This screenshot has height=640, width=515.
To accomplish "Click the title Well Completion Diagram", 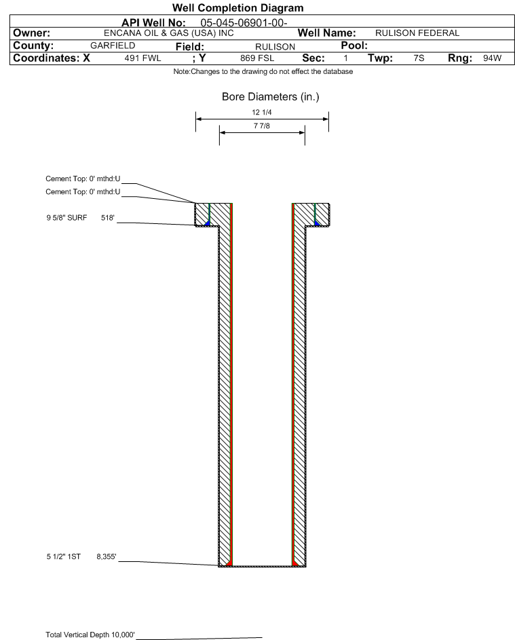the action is point(237,7).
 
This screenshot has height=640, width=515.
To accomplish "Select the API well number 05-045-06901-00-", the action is point(244,23).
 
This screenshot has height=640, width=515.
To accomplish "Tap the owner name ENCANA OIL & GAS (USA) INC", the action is point(169,33).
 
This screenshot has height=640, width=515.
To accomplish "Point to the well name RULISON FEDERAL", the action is point(417,33).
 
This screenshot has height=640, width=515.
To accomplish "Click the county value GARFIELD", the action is point(113,45).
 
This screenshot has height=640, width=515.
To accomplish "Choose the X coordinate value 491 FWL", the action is point(142,58).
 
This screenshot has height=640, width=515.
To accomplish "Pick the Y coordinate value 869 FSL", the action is point(257,58).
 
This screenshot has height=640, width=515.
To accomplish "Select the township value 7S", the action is point(419,58).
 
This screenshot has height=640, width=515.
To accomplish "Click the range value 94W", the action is point(492,58).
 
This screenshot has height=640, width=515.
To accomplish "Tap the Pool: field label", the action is point(354,45).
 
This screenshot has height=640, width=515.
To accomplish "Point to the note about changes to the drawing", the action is point(263,71).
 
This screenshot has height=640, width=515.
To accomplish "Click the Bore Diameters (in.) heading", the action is point(271,97).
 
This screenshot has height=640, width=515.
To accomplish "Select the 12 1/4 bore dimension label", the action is point(262,112).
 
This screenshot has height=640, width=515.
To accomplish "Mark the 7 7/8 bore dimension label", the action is point(262,126).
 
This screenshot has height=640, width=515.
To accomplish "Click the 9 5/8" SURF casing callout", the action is point(66,218).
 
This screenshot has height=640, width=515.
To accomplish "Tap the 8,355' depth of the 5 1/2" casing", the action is point(107,557).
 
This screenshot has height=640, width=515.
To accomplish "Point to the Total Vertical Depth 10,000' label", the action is point(90,635).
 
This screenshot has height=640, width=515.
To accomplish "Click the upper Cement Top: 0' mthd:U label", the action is point(83,178).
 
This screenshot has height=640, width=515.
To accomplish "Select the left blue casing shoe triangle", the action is point(208,223).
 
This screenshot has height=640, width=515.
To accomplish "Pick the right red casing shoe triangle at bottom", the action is point(295,563).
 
